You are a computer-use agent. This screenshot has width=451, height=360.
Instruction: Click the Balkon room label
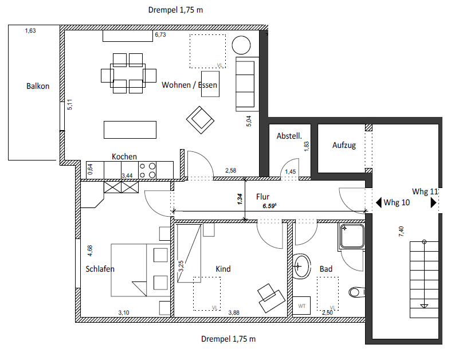pyautogui.click(x=38, y=87)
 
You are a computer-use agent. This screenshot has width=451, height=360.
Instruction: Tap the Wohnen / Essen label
pyautogui.click(x=189, y=85)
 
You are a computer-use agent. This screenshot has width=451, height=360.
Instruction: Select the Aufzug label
pyautogui.click(x=344, y=145)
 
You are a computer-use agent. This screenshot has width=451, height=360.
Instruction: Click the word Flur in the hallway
pyautogui.click(x=262, y=196)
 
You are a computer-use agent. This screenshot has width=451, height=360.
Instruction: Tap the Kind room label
pyautogui.click(x=223, y=269)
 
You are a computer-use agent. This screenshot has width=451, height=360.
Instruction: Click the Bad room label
pyautogui.click(x=326, y=269)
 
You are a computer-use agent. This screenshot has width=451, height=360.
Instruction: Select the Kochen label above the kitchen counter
pyautogui.click(x=124, y=156)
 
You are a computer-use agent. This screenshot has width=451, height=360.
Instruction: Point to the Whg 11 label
pyautogui.click(x=425, y=191)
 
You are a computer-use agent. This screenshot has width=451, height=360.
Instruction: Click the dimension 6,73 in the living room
pyautogui.click(x=160, y=35)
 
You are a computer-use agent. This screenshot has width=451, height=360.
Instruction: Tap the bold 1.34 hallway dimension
pyautogui.click(x=240, y=199)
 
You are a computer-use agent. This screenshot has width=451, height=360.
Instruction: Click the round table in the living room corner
pyautogui.click(x=241, y=45)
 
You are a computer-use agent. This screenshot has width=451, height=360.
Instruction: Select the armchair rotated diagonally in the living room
pyautogui.click(x=200, y=119)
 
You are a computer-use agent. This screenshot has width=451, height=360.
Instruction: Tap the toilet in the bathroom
pyautogui.click(x=356, y=292)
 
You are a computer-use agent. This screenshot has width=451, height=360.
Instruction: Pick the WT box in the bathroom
pyautogui.click(x=301, y=306)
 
